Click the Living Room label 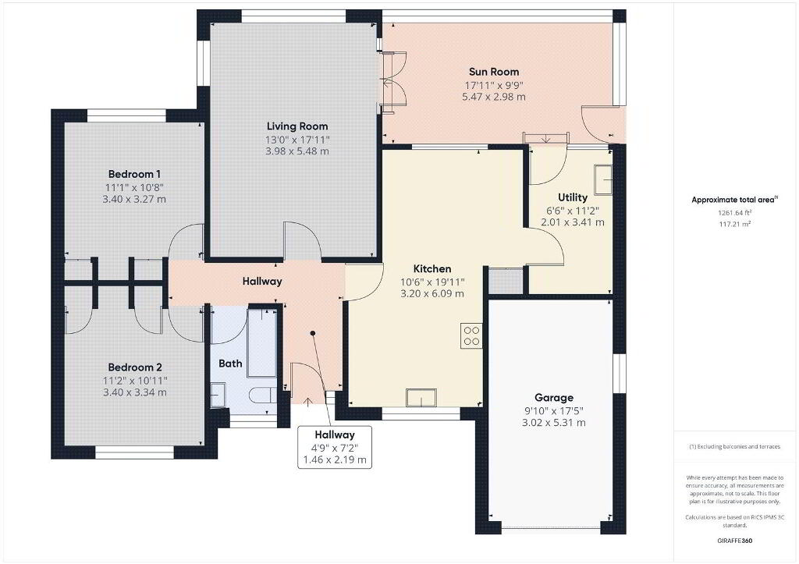[x=297, y=126]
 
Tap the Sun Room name [x=494, y=72]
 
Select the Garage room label [x=554, y=398]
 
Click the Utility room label [x=572, y=197]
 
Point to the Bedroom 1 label [x=134, y=174]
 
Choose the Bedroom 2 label [x=135, y=367]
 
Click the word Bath [x=230, y=364]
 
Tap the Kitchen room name [x=432, y=268]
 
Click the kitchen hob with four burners [x=471, y=335]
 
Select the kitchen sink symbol [x=421, y=397]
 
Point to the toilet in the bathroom [x=262, y=395]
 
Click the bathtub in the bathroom [x=262, y=343]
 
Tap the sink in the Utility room [x=603, y=180]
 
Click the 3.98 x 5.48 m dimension [x=297, y=151]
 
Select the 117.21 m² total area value [x=734, y=224]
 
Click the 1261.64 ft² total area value [x=735, y=213]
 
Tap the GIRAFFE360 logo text [x=734, y=541]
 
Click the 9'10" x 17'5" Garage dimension [x=554, y=410]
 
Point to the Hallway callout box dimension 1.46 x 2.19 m [x=335, y=459]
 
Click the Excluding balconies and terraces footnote [x=734, y=447]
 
